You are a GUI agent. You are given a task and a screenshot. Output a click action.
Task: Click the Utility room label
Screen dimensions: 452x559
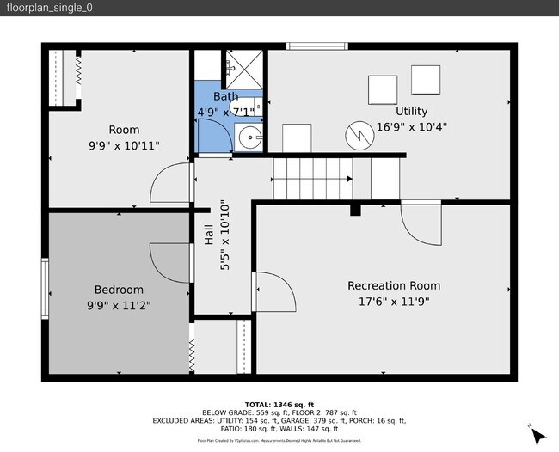[x=411, y=111]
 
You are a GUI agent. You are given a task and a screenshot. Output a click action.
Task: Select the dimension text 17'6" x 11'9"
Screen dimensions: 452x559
[x=393, y=301]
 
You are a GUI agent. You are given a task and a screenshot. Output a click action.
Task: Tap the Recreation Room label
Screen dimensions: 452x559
[x=393, y=285]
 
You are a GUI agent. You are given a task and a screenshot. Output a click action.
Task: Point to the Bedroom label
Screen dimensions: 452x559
[x=119, y=290]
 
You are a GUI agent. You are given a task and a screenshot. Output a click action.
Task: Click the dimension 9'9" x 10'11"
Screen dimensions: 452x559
[x=124, y=146]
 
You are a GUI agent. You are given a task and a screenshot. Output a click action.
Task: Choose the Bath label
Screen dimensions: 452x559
[x=225, y=97]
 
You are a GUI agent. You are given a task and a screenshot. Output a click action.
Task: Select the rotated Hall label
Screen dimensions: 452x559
[x=209, y=235]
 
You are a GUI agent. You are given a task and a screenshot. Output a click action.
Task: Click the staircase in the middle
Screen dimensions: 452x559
[x=313, y=176]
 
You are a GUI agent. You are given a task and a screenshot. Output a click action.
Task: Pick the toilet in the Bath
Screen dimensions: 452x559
[x=247, y=106]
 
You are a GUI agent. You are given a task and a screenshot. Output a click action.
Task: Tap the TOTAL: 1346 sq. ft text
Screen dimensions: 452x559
[x=279, y=404]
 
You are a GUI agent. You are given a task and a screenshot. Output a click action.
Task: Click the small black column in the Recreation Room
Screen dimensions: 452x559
[x=354, y=210]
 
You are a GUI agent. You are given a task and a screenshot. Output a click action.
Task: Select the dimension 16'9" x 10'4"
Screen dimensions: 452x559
[x=411, y=126]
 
